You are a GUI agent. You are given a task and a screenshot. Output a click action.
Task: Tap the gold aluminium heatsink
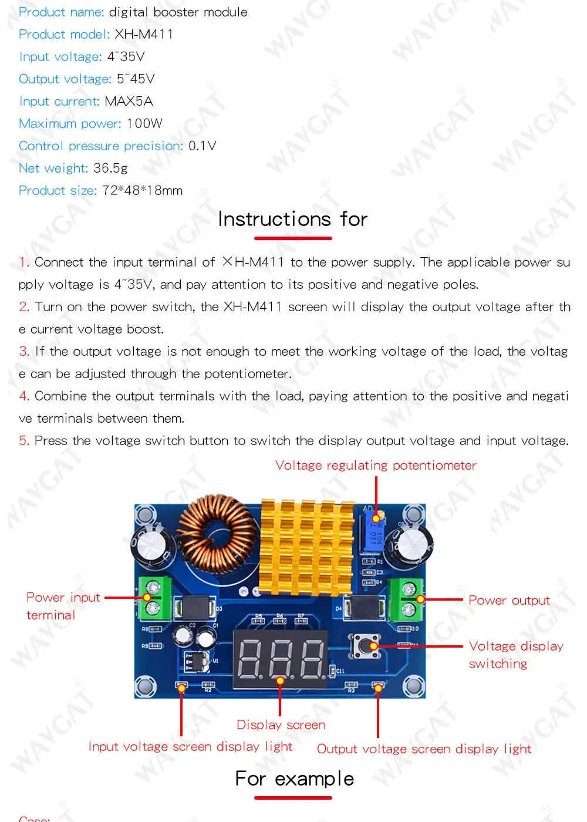point(306,546)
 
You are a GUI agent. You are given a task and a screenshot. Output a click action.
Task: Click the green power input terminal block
point(154,598)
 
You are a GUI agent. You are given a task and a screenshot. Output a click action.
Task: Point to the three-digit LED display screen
point(281,658)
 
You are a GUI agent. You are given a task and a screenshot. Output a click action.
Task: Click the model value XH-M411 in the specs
point(144,35)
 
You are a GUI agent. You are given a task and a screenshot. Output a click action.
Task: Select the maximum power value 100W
point(144,124)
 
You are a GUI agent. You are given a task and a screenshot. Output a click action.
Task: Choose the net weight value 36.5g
point(110,169)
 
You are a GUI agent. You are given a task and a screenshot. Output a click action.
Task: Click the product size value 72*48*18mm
point(142,191)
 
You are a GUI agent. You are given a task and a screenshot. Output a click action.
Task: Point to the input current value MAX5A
point(129,102)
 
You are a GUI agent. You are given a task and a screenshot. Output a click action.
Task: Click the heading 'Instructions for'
point(292,220)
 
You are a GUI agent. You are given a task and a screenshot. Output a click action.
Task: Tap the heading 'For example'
point(294,779)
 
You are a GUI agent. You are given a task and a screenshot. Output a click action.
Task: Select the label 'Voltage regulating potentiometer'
point(376,466)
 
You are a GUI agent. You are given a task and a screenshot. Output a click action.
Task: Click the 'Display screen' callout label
point(281,725)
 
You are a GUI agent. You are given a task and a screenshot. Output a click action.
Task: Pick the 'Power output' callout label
point(509,601)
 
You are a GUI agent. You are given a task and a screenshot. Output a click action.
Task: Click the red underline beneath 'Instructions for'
point(293,238)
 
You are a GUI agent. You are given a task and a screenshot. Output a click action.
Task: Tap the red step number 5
point(23,441)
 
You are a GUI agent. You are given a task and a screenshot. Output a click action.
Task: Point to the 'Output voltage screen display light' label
point(424,749)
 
